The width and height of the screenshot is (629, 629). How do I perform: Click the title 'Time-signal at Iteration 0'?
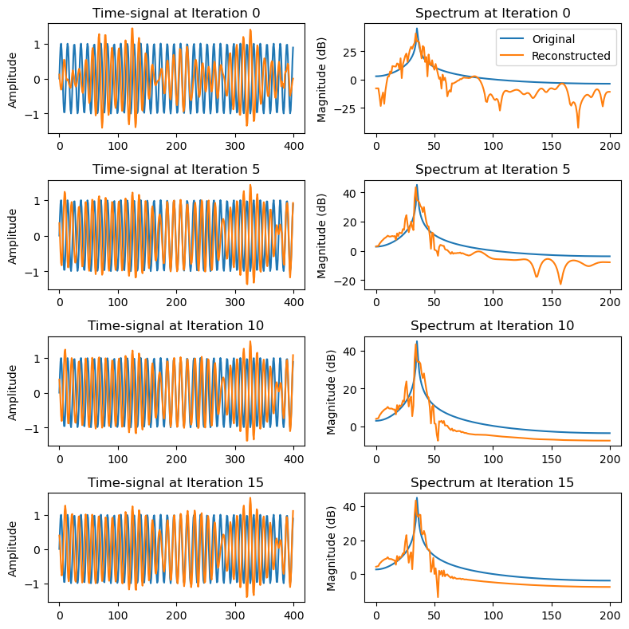175,13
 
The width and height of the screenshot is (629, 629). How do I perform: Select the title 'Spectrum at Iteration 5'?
493,169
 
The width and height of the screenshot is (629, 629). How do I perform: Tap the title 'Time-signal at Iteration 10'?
175,325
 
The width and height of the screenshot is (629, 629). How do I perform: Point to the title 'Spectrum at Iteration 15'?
493,482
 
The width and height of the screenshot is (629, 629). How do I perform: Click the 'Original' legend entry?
556,38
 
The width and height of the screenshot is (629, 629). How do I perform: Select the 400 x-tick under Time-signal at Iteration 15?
293,616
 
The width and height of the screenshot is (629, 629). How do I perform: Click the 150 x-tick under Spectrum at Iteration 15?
552,616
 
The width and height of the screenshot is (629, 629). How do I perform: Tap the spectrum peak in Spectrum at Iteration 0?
416,29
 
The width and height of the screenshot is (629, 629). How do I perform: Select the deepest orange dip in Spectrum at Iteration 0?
578,127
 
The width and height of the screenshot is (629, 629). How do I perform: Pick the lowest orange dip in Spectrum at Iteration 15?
437,596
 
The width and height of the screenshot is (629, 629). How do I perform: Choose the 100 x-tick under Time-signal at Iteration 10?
117,460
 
